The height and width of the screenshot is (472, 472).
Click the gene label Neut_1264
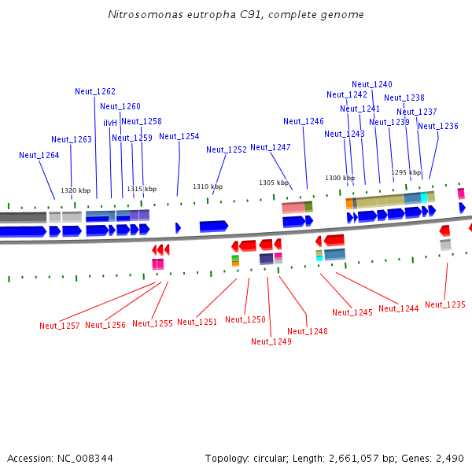(x=39, y=155)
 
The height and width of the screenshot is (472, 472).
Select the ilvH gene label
(x=110, y=123)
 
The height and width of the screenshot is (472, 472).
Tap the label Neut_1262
(x=95, y=91)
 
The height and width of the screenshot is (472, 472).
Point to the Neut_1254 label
(x=179, y=136)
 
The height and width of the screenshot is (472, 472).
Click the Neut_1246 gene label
(x=304, y=121)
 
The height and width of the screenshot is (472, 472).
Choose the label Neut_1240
(x=372, y=84)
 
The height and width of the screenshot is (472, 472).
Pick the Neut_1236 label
(x=438, y=126)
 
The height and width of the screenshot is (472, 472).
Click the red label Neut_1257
(x=60, y=326)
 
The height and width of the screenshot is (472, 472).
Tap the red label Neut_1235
(x=445, y=304)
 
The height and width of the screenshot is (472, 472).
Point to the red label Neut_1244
(x=399, y=308)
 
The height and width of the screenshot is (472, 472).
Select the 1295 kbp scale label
(x=406, y=172)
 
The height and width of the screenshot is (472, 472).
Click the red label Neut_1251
(x=197, y=322)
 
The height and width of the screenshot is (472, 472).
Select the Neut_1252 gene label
(x=227, y=149)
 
